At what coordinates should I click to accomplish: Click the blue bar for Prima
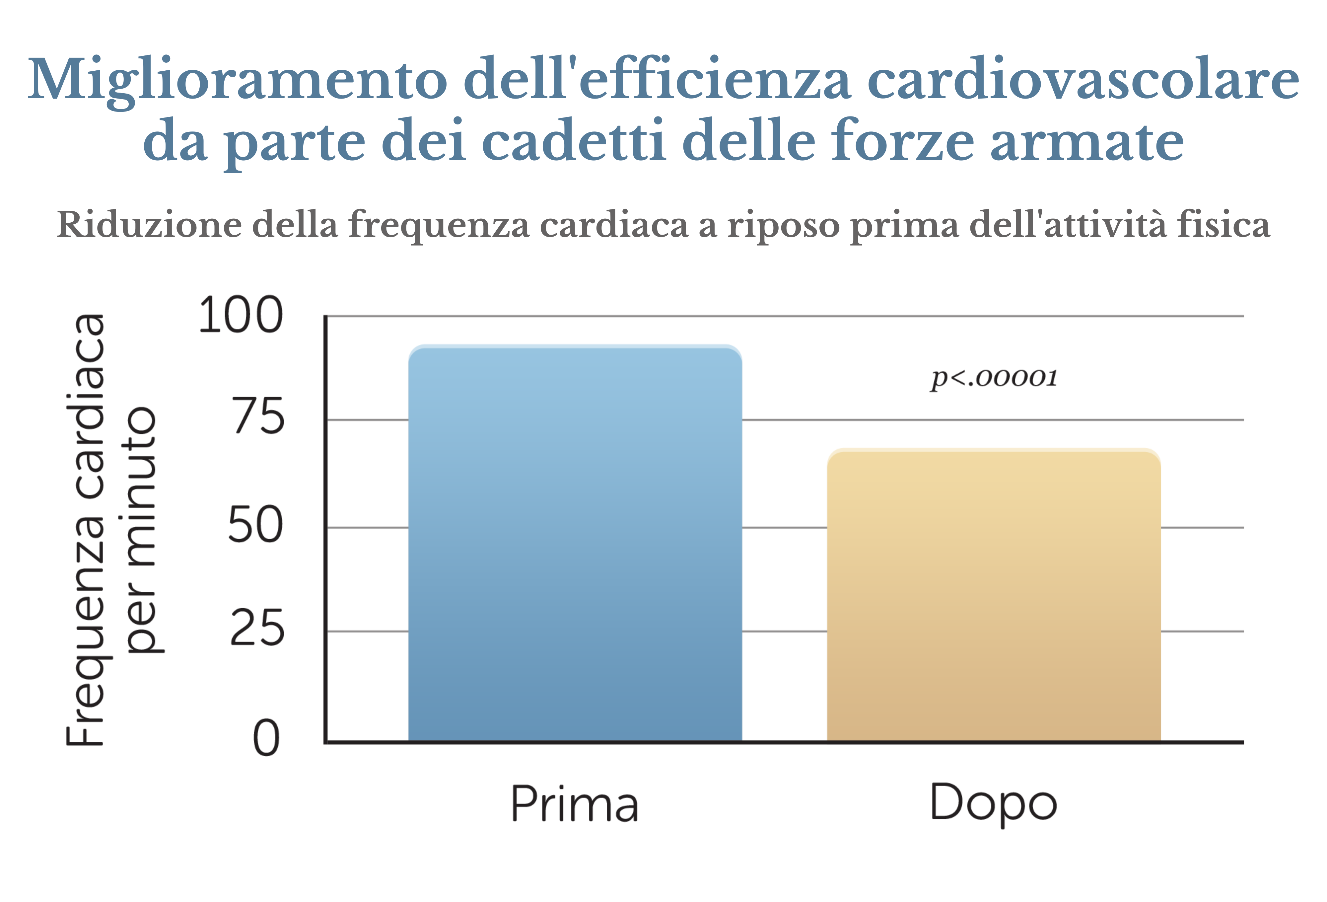(575, 543)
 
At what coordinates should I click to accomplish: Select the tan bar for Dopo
(994, 594)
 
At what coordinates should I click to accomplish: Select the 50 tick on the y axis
(255, 526)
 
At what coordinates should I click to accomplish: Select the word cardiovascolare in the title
(1083, 80)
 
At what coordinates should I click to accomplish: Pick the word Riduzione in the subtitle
(149, 224)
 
